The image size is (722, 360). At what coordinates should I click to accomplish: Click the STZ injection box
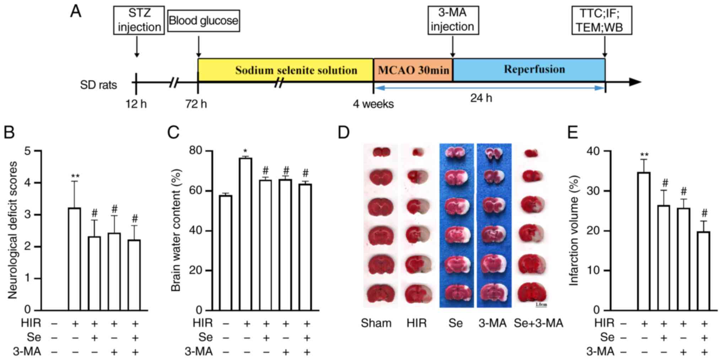(x=139, y=20)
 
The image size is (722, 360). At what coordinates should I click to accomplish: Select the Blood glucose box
(x=203, y=21)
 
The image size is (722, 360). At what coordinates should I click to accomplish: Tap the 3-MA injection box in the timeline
(x=453, y=20)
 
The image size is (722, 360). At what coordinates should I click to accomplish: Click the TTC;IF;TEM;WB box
(x=601, y=20)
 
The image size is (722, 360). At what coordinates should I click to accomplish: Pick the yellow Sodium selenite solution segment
(x=285, y=70)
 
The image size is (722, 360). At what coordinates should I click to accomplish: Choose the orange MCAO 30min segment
(x=413, y=70)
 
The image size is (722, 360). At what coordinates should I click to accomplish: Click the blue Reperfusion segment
(x=529, y=70)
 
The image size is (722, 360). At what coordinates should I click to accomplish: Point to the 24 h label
(x=481, y=98)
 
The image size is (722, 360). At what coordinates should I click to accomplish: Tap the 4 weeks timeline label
(x=373, y=104)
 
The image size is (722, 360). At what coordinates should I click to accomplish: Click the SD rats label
(x=98, y=85)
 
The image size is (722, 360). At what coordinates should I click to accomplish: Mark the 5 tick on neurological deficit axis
(x=28, y=151)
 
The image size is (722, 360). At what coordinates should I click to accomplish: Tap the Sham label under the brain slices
(x=376, y=323)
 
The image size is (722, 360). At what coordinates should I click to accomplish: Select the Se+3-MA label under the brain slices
(x=538, y=323)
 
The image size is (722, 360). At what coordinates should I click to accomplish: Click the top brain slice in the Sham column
(x=381, y=152)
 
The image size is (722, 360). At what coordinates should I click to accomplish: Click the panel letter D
(x=344, y=132)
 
